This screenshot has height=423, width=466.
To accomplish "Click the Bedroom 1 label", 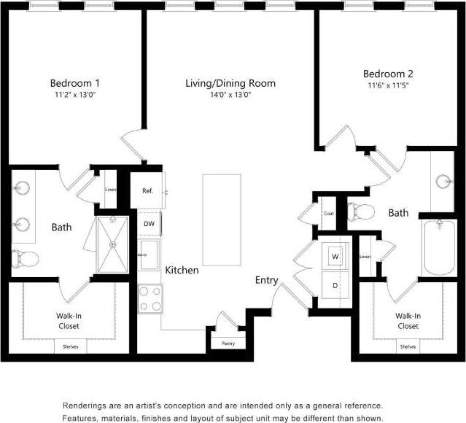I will tap(74, 82).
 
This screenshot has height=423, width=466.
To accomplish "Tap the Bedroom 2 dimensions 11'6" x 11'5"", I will tap(389, 85).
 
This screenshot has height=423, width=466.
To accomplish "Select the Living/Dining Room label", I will tap(230, 83).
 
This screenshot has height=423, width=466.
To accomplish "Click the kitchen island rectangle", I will tap(222, 220).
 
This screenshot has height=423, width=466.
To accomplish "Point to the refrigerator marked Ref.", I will tap(147, 191).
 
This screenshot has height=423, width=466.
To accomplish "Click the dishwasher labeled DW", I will tap(149, 224).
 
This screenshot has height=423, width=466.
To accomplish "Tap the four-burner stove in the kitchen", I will tap(149, 298).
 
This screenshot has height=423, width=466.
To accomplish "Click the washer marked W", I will tap(335, 257).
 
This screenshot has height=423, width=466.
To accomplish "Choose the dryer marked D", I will tap(335, 285).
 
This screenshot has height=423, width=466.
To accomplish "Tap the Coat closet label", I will tap(328, 213).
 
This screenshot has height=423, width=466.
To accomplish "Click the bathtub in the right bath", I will tap(439, 249).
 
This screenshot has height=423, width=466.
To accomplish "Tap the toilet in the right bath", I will tap(361, 212).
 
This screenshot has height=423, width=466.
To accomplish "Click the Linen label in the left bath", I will tap(110, 190).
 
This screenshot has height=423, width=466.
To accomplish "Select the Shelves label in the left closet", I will tap(71, 346).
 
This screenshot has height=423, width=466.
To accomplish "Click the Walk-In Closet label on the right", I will tap(408, 320).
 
